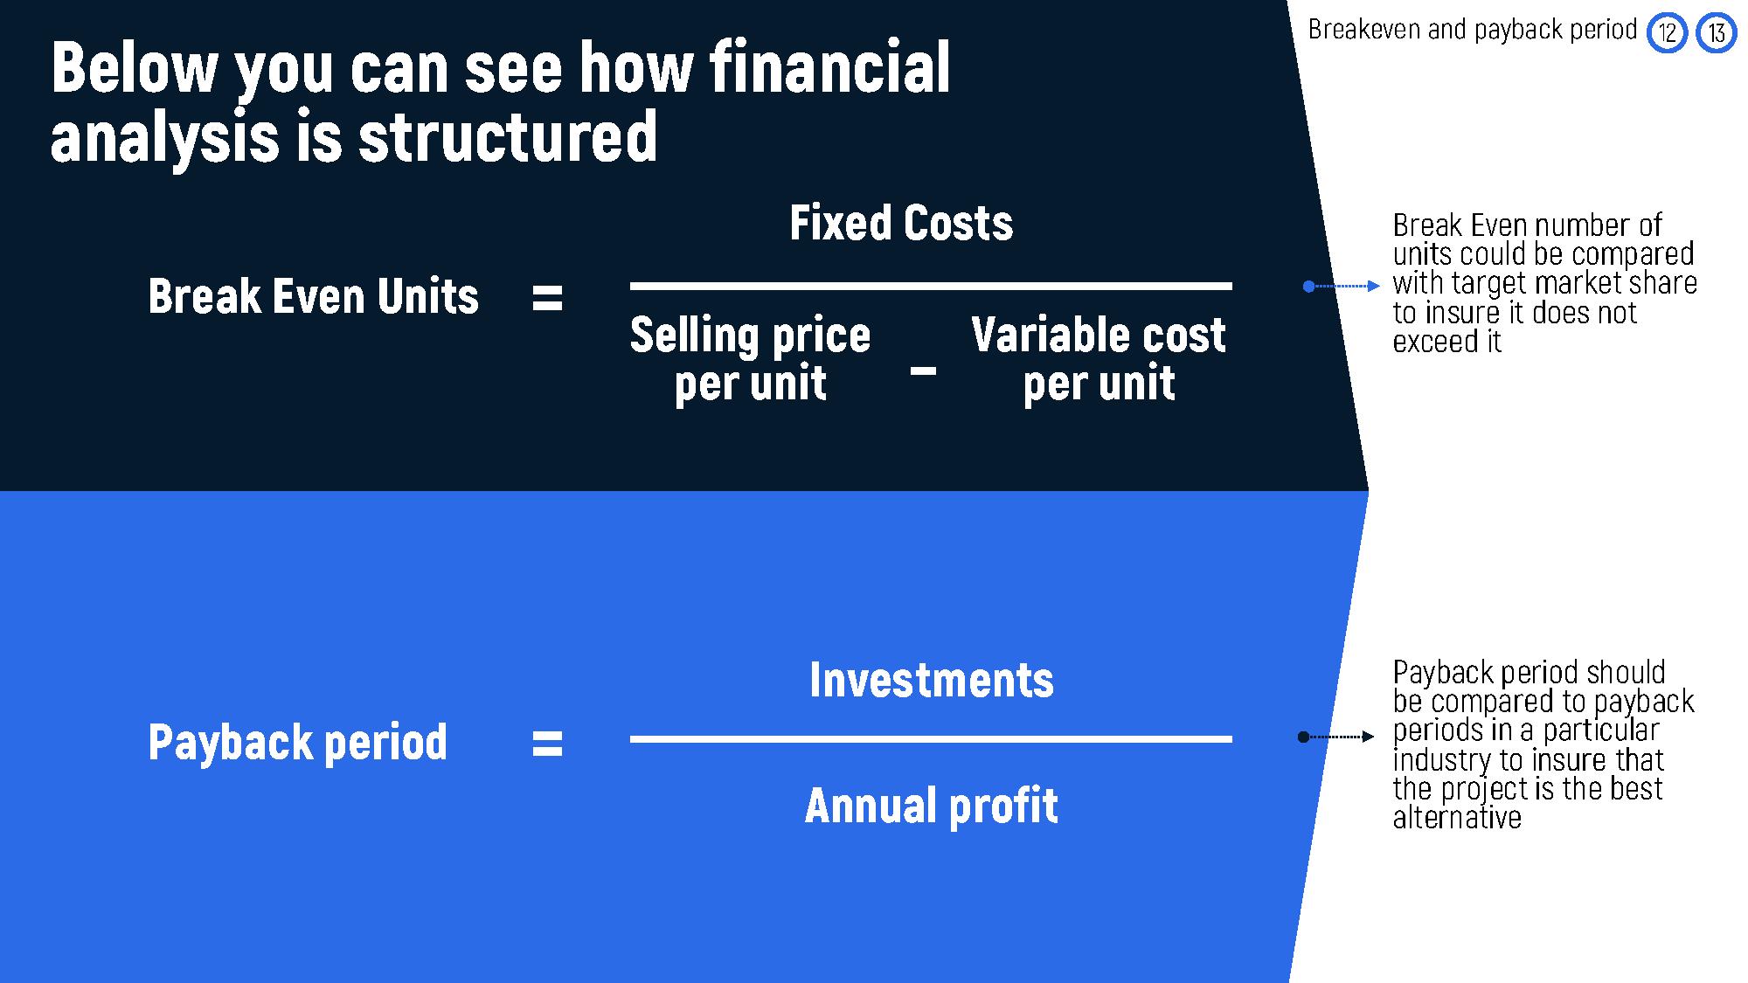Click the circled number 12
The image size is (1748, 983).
1667,33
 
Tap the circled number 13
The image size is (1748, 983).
1717,33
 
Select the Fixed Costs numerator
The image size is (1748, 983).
901,223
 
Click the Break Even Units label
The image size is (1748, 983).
314,296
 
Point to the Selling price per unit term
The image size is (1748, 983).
751,359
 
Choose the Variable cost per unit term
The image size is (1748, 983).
1099,359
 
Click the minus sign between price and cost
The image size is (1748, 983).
923,371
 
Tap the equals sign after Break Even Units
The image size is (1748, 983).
547,298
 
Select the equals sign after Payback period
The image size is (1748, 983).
547,744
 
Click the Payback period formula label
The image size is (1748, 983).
298,743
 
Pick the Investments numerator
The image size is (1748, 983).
932,680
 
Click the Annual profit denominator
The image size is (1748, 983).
932,806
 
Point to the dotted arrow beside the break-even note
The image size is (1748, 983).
1342,286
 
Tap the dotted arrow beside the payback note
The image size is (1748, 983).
1336,737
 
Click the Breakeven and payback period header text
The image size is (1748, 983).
1473,30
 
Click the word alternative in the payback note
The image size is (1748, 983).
1457,818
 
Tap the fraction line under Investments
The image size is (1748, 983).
931,739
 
